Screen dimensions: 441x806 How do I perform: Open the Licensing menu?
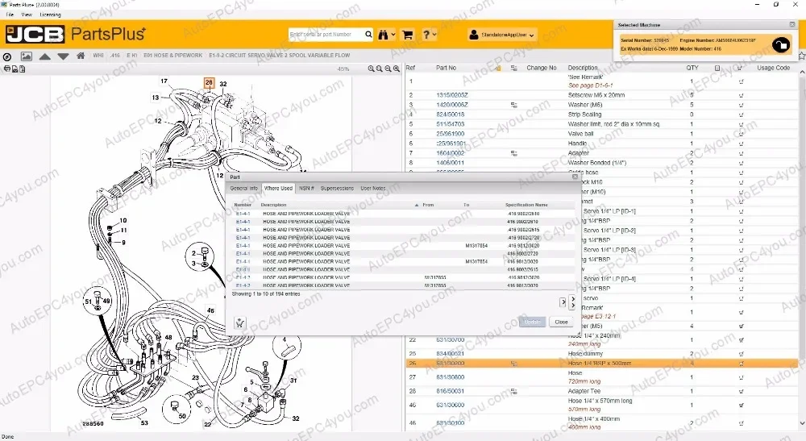pyautogui.click(x=50, y=15)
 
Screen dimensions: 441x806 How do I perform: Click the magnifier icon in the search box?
pyautogui.click(x=368, y=35)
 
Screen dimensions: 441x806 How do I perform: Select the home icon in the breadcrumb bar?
pyautogui.click(x=81, y=56)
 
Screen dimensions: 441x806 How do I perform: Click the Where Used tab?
pyautogui.click(x=278, y=188)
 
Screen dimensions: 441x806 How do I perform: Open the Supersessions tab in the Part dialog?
pyautogui.click(x=337, y=188)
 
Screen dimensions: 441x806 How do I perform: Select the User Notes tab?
pyautogui.click(x=373, y=188)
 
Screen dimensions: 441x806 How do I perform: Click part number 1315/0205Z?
pyautogui.click(x=452, y=94)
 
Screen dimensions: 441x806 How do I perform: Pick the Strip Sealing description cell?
pyautogui.click(x=585, y=114)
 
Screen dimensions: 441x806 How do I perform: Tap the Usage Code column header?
pyautogui.click(x=773, y=68)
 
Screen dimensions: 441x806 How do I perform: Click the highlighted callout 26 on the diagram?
pyautogui.click(x=209, y=82)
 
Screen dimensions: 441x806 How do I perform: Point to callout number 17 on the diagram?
pyautogui.click(x=164, y=81)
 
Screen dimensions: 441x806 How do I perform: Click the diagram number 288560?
pyautogui.click(x=93, y=422)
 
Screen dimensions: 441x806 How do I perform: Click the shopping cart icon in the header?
pyautogui.click(x=407, y=35)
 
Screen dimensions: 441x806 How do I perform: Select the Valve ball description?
pyautogui.click(x=583, y=134)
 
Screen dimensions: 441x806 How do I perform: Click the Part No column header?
pyautogui.click(x=447, y=68)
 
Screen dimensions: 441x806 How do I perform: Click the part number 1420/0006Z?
pyautogui.click(x=452, y=105)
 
